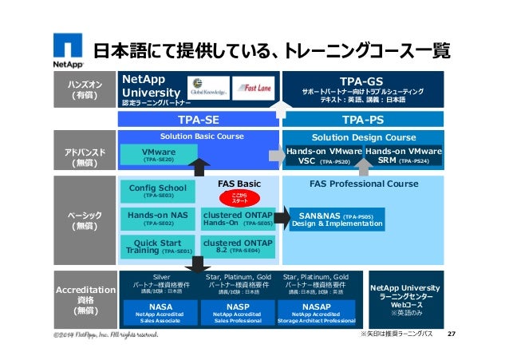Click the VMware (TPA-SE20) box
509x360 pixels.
coord(158,154)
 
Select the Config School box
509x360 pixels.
coord(158,191)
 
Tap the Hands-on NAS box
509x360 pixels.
coord(158,218)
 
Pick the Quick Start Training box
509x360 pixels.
coord(158,247)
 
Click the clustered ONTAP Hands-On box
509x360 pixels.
coord(238,218)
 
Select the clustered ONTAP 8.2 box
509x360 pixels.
coord(238,247)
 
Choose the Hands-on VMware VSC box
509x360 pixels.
coord(323,155)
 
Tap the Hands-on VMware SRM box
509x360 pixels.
coord(404,155)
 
